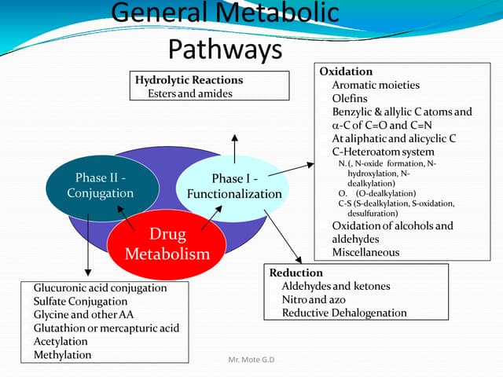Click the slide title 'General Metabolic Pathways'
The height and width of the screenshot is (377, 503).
tap(226, 31)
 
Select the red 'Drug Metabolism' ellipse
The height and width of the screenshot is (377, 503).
tap(167, 244)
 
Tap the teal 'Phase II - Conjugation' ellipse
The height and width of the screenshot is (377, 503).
tap(101, 185)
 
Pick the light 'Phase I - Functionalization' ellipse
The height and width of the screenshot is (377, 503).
tap(234, 186)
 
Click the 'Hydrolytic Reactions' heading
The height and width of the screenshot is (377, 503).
tap(189, 80)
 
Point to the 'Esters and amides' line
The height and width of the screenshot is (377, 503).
tap(189, 93)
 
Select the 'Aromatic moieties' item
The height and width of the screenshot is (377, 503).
tap(376, 85)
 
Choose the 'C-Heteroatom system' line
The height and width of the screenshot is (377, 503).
tap(383, 152)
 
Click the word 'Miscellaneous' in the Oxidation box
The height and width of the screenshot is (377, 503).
tap(365, 252)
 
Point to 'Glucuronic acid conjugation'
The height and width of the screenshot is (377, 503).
tap(100, 287)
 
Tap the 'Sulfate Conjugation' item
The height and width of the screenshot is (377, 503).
tap(80, 301)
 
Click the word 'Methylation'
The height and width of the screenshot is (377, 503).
tap(62, 354)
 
